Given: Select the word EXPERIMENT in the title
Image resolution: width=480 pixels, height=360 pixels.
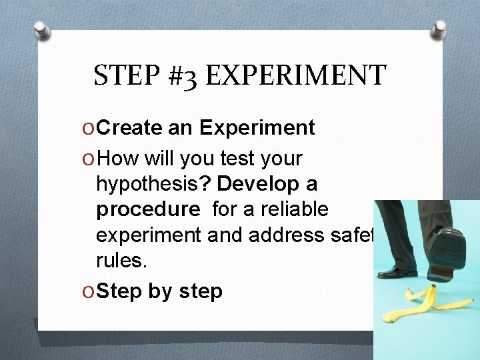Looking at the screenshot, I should coord(296,75).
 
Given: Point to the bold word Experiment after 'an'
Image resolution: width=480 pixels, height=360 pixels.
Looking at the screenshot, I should coord(257,128).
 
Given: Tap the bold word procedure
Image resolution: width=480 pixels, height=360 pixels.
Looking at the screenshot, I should coord(148,210).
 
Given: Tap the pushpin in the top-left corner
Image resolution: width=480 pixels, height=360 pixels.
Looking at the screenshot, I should coord(43,30).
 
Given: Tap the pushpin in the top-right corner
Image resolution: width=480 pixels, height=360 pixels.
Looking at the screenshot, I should coord(439,28).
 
